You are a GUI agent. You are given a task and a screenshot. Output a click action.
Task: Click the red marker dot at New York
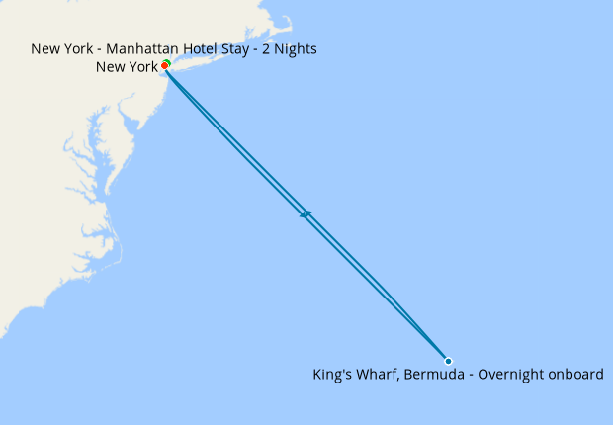click(x=164, y=66)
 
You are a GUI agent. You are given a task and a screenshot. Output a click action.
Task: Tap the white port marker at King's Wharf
click(x=448, y=361)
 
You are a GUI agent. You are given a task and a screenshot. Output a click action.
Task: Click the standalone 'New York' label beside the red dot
click(x=127, y=67)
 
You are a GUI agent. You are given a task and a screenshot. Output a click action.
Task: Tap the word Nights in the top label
click(x=298, y=48)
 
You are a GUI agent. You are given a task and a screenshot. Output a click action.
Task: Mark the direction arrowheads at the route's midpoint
click(x=306, y=213)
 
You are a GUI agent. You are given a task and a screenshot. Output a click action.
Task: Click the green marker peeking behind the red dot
click(x=167, y=62)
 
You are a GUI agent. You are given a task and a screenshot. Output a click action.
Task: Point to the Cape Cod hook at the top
click(x=284, y=22)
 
